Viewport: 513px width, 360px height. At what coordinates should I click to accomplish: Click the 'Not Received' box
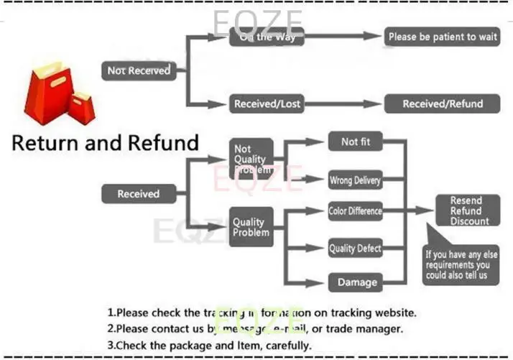(139, 70)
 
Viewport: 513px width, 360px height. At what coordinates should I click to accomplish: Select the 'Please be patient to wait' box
(442, 37)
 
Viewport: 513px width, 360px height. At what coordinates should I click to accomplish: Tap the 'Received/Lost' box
(267, 104)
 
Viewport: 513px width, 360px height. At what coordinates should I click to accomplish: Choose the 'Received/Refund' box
(442, 104)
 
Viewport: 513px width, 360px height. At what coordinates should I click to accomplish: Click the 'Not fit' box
(356, 142)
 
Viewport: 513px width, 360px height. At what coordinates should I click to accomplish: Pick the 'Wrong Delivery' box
(355, 180)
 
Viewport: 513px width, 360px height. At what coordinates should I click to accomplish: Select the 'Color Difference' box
(355, 211)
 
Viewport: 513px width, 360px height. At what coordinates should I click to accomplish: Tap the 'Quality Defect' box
(355, 249)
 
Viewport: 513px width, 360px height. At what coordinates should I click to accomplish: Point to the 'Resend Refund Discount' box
(466, 211)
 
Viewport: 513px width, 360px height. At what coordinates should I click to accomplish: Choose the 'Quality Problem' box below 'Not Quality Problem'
(251, 227)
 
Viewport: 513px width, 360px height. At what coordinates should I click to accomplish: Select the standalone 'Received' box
(138, 194)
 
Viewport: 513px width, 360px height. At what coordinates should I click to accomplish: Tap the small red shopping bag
(81, 108)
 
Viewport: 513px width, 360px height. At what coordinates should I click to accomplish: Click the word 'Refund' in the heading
(163, 142)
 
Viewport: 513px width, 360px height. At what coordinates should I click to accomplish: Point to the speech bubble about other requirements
(460, 264)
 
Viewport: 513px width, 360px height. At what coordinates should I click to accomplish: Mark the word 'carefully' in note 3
(287, 346)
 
